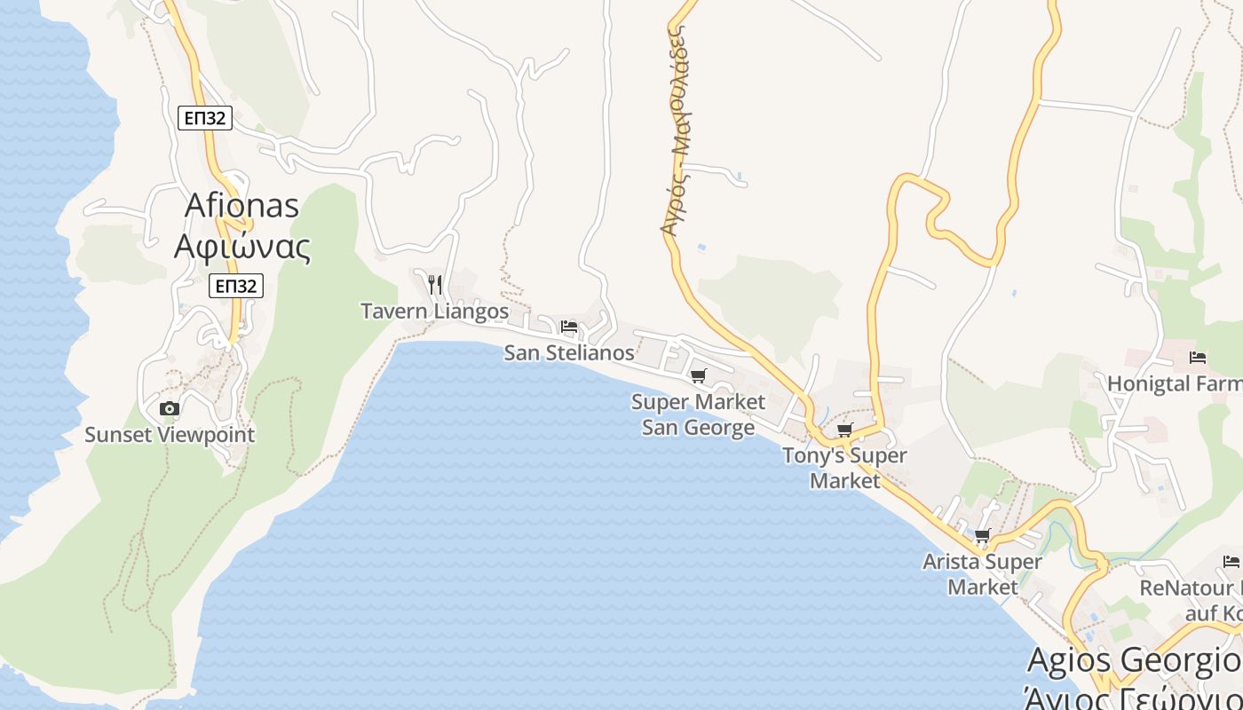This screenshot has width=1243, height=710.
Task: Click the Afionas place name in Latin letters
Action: (x=241, y=205)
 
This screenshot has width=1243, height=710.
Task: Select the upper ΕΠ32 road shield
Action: (x=205, y=118)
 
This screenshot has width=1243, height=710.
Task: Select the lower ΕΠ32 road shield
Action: (x=236, y=286)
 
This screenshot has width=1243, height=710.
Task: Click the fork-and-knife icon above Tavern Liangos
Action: (x=434, y=284)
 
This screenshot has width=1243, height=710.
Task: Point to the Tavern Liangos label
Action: (x=434, y=311)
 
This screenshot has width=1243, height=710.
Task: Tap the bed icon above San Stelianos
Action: (x=569, y=327)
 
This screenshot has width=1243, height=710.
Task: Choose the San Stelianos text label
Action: (x=569, y=352)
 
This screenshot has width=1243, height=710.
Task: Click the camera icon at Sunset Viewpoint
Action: (x=169, y=408)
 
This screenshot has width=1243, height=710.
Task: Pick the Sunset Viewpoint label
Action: (x=170, y=435)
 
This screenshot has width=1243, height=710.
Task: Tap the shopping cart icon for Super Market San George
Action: (x=699, y=376)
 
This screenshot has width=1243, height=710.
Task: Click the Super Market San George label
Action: (x=698, y=414)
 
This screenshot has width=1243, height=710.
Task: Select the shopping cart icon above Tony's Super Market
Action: (x=844, y=430)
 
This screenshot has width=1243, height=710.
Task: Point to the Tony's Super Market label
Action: (x=844, y=468)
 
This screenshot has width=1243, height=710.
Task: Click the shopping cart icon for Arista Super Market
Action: (x=982, y=536)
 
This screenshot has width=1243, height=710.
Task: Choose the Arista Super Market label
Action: (x=982, y=573)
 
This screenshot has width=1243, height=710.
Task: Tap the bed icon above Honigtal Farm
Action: (x=1198, y=358)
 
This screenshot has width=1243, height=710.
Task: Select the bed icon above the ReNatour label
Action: (x=1231, y=561)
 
